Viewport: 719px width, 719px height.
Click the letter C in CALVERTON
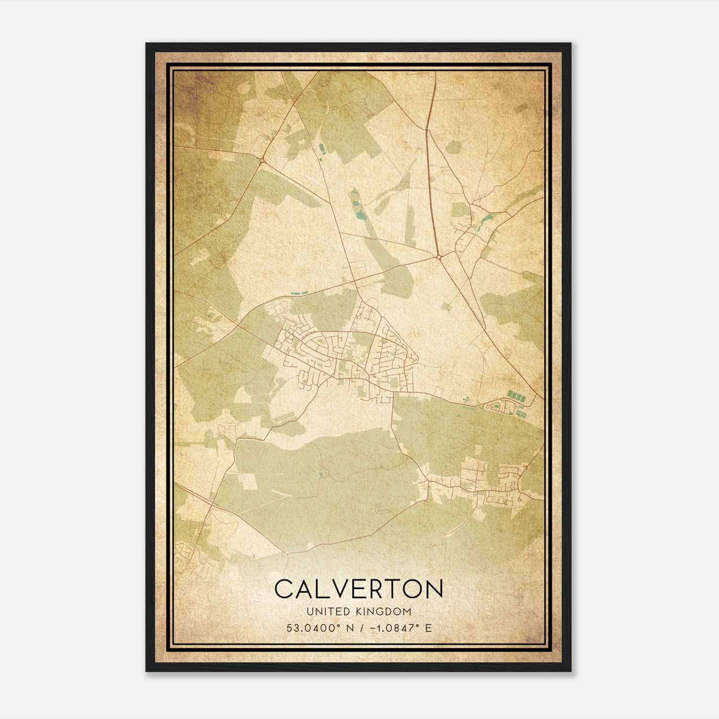[x=284, y=589]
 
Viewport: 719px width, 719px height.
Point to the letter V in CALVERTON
[x=339, y=589]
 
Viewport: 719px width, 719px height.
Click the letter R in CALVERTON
[x=375, y=589]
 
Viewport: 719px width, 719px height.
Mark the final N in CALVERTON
[x=434, y=589]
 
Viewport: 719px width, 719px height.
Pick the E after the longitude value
[x=428, y=628]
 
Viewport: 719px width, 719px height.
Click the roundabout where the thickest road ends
[x=438, y=257]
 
